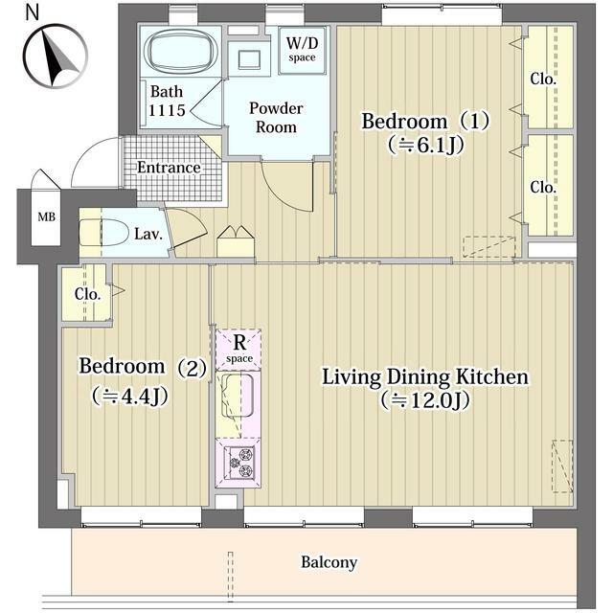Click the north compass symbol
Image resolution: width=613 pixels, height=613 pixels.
[x=55, y=56]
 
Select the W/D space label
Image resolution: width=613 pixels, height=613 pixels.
[x=302, y=50]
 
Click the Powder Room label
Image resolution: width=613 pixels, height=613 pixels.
[x=276, y=117]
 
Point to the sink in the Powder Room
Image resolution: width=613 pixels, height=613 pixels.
[x=249, y=60]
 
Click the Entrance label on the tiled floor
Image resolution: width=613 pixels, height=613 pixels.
[x=169, y=168]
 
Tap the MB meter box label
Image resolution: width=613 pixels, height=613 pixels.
[x=47, y=216]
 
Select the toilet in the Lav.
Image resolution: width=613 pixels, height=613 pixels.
[x=104, y=232]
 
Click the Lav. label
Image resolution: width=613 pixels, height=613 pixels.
[x=148, y=234]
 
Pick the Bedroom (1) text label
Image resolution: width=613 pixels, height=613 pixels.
[x=425, y=122]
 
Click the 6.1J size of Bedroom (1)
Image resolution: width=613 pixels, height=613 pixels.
[x=426, y=146]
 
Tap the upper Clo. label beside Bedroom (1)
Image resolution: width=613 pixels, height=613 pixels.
[x=543, y=79]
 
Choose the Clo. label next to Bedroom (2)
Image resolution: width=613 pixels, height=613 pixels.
[x=87, y=294]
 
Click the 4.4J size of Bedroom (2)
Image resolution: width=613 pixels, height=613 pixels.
[x=130, y=397]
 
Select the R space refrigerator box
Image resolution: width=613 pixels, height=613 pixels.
[x=238, y=350]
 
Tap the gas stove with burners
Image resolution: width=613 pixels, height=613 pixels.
[x=238, y=464]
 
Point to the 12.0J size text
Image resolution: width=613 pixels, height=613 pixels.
[x=425, y=400]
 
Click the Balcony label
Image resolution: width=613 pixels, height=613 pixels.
[x=329, y=562]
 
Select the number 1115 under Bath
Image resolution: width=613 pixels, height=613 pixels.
[x=167, y=111]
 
